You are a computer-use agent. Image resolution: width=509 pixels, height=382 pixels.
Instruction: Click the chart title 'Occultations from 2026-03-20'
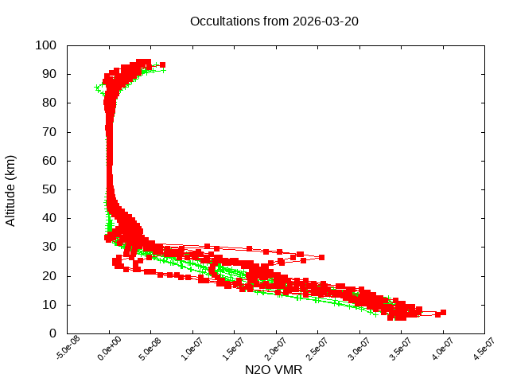tap(274, 21)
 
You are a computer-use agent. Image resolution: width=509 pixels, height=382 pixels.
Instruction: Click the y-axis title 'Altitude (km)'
tap(10, 189)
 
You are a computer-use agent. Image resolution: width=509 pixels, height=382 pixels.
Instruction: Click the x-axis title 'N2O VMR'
tap(274, 370)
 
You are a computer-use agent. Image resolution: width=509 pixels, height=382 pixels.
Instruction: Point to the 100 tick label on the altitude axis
tap(45, 45)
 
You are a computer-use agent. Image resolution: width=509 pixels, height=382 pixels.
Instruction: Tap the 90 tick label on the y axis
tap(49, 74)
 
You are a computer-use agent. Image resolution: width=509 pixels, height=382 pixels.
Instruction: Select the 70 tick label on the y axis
tap(49, 131)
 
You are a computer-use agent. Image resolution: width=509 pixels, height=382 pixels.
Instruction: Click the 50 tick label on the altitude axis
tap(49, 189)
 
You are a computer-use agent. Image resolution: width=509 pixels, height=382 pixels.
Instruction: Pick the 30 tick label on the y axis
tap(49, 247)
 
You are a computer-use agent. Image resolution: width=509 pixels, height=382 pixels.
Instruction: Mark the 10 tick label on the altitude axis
tap(49, 305)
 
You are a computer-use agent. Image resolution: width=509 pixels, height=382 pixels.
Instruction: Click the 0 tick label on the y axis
tap(52, 333)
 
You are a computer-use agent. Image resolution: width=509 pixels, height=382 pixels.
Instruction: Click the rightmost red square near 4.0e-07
tap(443, 312)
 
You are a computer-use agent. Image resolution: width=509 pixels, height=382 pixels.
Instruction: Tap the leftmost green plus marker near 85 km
tap(97, 88)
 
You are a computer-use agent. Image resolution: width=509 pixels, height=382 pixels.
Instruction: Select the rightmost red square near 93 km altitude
tap(162, 64)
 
